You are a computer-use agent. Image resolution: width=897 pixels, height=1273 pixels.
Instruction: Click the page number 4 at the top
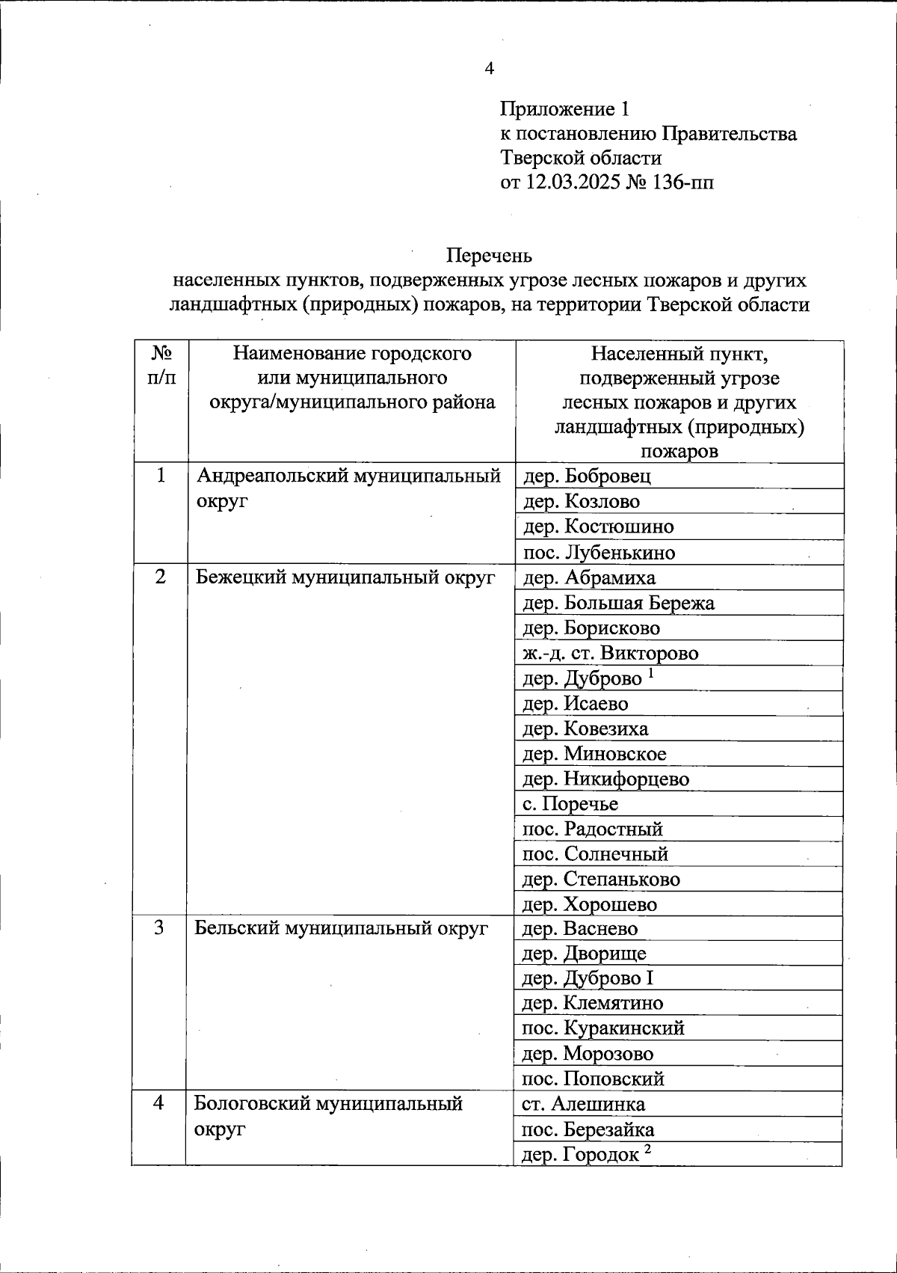(x=489, y=69)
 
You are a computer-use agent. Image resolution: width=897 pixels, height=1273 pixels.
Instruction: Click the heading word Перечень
(x=489, y=256)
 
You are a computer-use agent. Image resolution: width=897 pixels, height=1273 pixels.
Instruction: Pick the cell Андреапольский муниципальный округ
(x=348, y=488)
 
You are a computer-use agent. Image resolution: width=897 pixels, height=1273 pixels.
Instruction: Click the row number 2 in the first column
(x=161, y=577)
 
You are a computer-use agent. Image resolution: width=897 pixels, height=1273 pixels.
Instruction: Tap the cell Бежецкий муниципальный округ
(x=345, y=577)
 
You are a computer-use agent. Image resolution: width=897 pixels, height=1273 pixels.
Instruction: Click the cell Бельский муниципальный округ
(x=341, y=928)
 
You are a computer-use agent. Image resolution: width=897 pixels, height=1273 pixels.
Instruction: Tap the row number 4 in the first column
(x=158, y=1103)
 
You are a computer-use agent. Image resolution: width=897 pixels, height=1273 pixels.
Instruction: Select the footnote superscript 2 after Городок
(x=648, y=1150)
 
